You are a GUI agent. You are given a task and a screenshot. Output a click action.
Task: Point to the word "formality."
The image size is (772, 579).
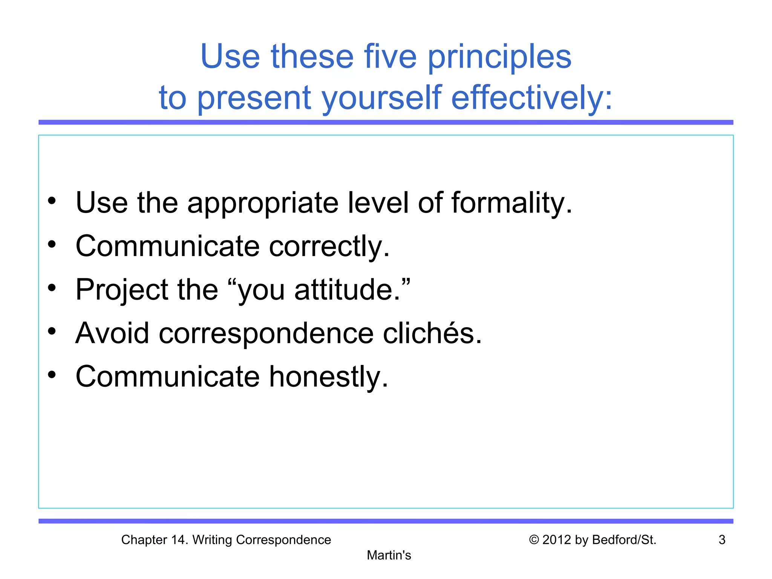click(x=512, y=203)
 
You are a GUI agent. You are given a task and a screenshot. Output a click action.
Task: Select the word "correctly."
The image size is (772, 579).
click(x=329, y=247)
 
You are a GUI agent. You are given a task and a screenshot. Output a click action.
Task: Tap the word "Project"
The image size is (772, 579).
click(x=122, y=290)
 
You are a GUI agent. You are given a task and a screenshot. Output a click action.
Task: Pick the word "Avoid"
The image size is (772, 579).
click(x=112, y=333)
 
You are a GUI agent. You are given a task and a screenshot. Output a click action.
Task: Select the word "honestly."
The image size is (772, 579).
click(x=328, y=377)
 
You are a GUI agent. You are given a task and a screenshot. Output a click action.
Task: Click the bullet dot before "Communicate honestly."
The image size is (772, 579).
click(x=52, y=375)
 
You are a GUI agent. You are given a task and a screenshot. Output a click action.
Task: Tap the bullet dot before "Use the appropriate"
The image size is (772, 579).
click(x=52, y=201)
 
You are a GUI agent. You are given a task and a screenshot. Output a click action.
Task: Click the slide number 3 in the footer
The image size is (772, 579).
click(x=722, y=540)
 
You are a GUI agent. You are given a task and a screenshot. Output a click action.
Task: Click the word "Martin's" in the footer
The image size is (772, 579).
click(x=389, y=555)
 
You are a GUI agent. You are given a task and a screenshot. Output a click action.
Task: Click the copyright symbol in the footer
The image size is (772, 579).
click(x=534, y=540)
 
